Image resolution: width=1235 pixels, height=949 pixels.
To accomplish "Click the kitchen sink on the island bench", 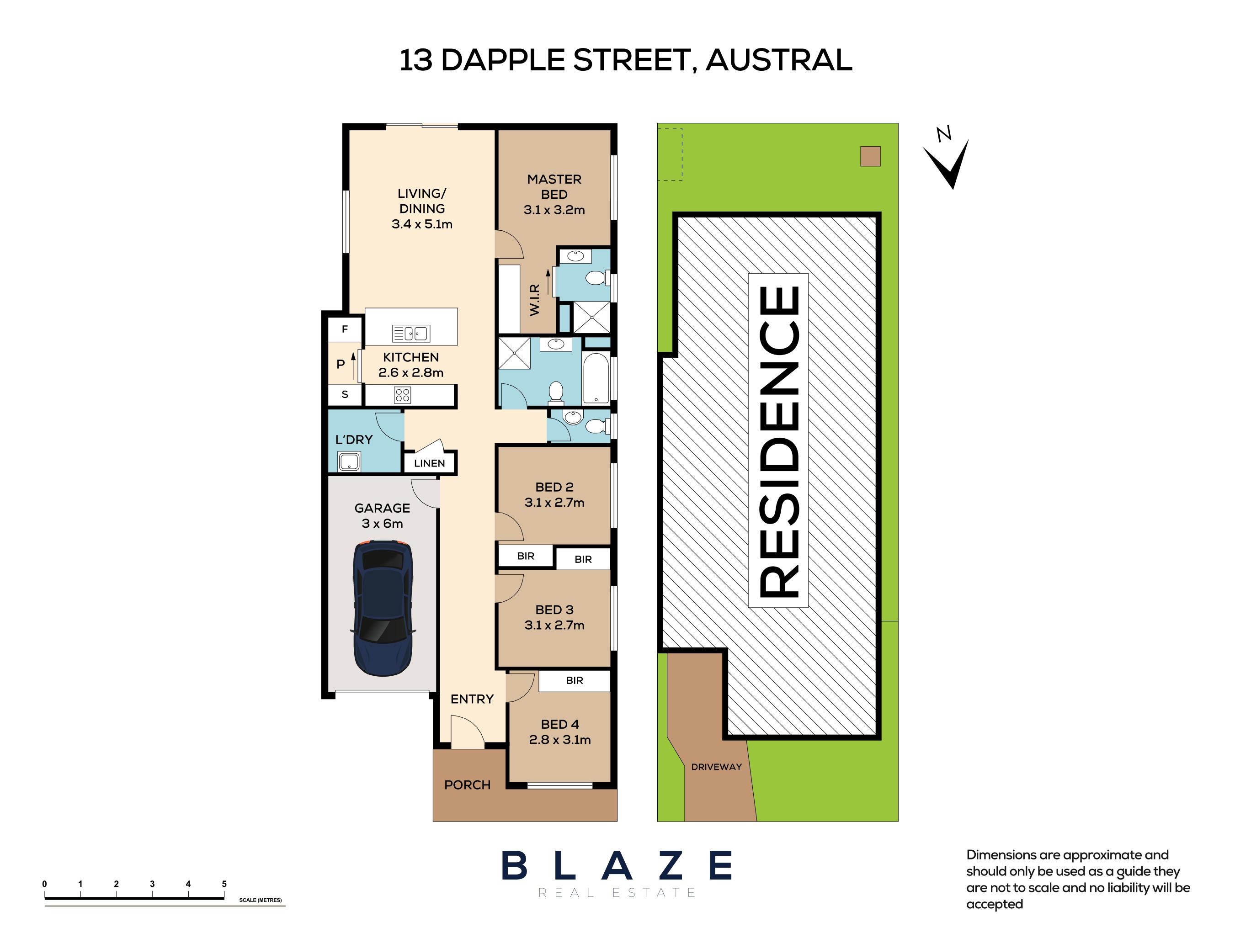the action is [411, 333].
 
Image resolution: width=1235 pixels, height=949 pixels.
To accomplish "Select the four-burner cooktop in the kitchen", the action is [402, 394].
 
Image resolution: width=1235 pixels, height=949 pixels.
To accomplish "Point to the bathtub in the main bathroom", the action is [596, 378].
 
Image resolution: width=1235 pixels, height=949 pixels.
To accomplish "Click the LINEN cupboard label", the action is [429, 463].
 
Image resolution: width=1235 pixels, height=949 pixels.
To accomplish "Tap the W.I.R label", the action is [534, 299].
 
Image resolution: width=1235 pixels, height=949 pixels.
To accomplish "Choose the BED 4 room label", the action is [560, 724].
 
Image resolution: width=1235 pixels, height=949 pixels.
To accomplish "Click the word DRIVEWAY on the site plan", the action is [716, 767].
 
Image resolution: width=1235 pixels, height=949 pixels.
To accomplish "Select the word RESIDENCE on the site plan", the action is [778, 440].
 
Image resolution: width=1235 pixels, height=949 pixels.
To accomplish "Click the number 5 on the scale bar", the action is [224, 884].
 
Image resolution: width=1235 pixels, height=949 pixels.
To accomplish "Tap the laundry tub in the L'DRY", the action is [349, 461].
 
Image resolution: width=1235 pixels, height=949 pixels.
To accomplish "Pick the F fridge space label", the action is [345, 329].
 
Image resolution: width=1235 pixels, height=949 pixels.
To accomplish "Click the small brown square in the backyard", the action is [870, 156].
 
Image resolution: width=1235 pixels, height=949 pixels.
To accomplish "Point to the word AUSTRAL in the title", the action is [778, 60].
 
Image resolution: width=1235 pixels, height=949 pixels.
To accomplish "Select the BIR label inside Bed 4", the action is [574, 681].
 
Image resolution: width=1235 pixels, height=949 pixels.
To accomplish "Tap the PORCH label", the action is [467, 785].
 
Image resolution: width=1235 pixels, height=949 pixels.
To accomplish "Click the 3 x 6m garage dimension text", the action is [383, 524].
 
